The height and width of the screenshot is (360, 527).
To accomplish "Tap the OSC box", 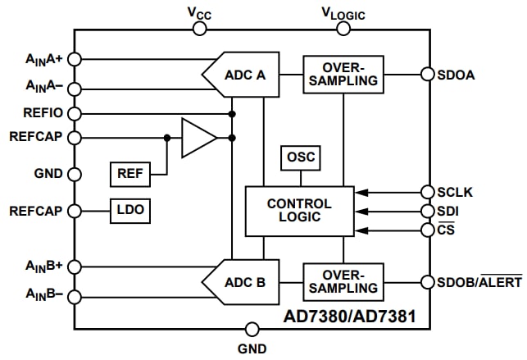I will (x=299, y=157).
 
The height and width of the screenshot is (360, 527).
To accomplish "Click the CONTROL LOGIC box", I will (x=299, y=211).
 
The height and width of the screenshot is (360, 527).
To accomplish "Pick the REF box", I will (x=129, y=175).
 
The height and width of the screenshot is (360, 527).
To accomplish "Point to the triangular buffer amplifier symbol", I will (x=198, y=137).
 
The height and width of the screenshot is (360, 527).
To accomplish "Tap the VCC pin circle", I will (x=199, y=29).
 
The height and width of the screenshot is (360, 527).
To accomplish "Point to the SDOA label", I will (x=457, y=75).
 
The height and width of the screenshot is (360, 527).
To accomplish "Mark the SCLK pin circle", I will (x=426, y=192).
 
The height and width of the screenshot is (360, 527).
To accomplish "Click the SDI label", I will (x=447, y=211).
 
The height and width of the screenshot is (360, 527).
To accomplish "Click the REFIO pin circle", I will (x=75, y=113).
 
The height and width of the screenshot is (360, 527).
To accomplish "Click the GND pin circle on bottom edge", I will (x=252, y=329).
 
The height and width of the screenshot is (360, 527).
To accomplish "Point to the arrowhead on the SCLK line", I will (x=362, y=192).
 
